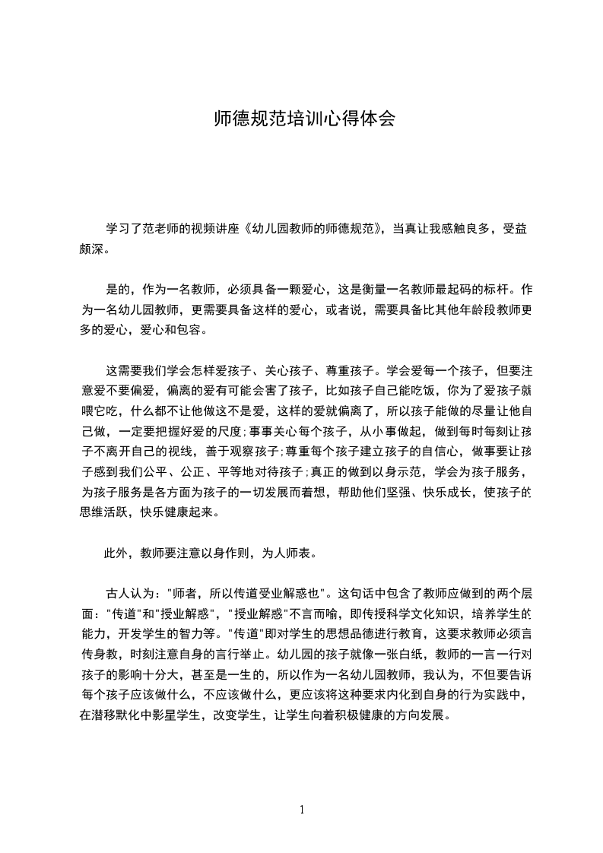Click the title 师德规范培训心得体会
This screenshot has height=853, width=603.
pos(302,119)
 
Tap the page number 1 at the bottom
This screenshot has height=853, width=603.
pos(302,809)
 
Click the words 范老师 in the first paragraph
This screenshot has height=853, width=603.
pos(163,229)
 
